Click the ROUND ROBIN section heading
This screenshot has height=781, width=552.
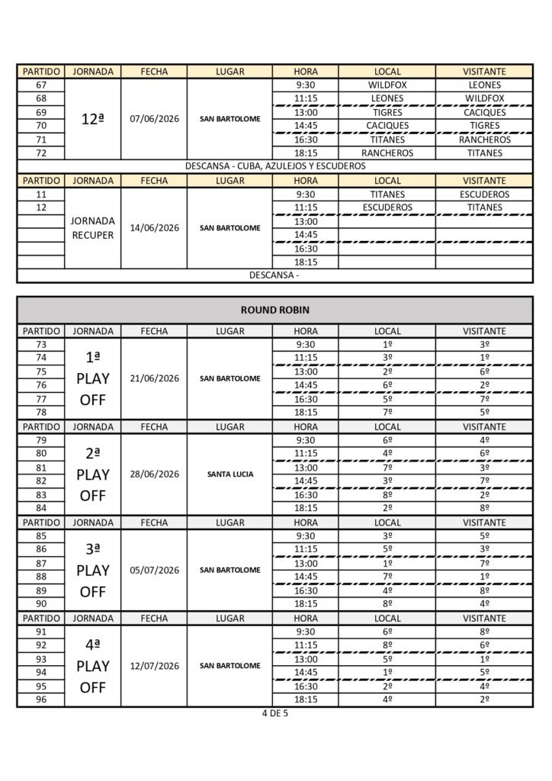[274, 310]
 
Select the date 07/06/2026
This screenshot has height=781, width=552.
[153, 119]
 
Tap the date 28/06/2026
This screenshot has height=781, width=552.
[153, 474]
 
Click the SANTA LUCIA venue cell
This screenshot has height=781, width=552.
[229, 474]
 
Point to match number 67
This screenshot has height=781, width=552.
[41, 85]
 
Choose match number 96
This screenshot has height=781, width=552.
[41, 699]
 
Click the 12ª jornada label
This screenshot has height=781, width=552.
[92, 119]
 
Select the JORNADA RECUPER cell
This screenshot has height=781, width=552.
[92, 228]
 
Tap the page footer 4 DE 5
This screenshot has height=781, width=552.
[274, 715]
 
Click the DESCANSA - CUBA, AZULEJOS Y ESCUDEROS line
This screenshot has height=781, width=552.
[274, 166]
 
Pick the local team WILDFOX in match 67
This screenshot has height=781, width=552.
[387, 85]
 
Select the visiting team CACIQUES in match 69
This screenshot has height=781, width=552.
[484, 113]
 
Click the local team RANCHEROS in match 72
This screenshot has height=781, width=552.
[387, 153]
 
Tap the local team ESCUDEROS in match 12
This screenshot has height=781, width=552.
[387, 207]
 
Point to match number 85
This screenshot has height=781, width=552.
[41, 535]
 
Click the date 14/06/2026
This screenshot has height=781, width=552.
[153, 228]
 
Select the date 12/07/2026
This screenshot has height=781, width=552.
[153, 666]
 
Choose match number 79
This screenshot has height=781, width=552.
[41, 440]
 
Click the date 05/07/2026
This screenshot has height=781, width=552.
[153, 570]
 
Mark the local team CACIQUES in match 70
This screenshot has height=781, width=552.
[387, 126]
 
